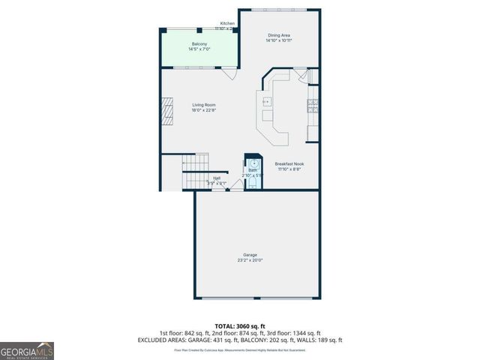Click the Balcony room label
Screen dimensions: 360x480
(199, 44)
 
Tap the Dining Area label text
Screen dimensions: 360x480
(280, 35)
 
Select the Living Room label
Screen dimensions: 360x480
(203, 105)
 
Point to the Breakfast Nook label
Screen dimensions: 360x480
(289, 163)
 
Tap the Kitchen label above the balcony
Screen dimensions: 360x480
(227, 23)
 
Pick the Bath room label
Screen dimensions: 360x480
(253, 170)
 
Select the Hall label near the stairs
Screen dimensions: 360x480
(216, 178)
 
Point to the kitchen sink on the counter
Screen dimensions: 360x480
(265, 101)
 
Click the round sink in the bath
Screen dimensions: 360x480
(254, 162)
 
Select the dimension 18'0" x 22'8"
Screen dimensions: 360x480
(203, 111)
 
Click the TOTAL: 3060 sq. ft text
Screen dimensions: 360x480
(240, 326)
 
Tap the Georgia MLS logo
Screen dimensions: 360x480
(27, 351)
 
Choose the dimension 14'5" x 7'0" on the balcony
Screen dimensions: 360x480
(199, 49)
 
